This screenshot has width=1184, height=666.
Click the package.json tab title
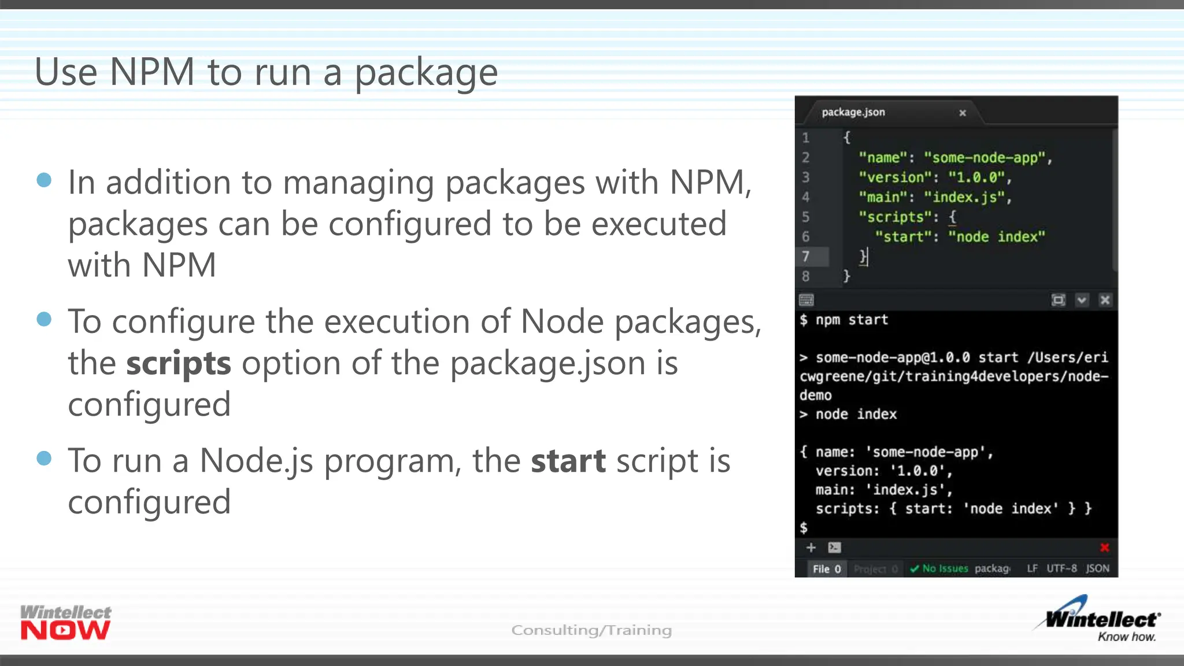[853, 112]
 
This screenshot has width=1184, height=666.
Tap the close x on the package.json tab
[963, 113]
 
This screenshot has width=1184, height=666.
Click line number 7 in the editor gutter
[805, 256]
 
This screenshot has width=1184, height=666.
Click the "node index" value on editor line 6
[997, 236]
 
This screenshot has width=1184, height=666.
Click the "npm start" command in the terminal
[852, 320]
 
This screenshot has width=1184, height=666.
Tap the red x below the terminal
[1104, 547]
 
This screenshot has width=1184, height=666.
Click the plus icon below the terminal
[811, 547]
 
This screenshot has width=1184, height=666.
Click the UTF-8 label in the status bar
[1061, 569]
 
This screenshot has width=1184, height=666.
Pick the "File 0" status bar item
[826, 569]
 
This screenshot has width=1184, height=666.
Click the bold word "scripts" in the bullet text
[179, 364]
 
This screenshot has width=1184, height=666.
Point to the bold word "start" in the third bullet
[568, 461]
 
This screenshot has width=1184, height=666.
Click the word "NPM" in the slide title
[152, 72]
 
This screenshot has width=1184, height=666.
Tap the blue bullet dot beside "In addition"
[44, 180]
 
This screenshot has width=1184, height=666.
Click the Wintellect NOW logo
[65, 622]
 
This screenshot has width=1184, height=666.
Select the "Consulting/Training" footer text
[591, 630]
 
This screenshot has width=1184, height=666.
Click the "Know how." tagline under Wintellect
[1126, 637]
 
